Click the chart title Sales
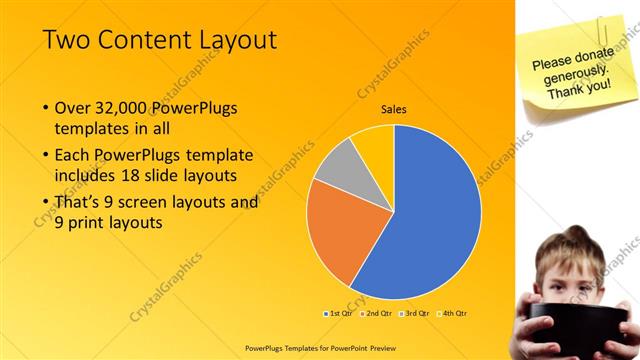click(x=393, y=110)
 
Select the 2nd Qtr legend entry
click(x=375, y=313)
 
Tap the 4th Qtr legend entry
click(x=452, y=313)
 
